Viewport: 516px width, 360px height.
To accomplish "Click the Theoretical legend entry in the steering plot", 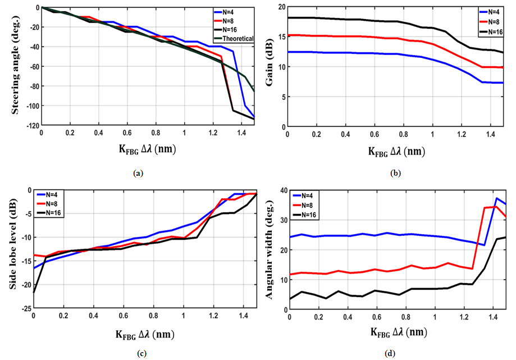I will point(237,39).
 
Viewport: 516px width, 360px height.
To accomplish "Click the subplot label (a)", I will point(139,174).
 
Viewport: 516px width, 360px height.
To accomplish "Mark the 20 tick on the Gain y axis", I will point(281,7).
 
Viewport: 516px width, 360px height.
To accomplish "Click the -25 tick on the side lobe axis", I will point(25,308).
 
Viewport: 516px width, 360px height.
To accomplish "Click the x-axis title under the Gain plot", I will point(396,151).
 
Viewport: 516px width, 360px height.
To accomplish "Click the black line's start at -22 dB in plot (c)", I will point(34,293).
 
